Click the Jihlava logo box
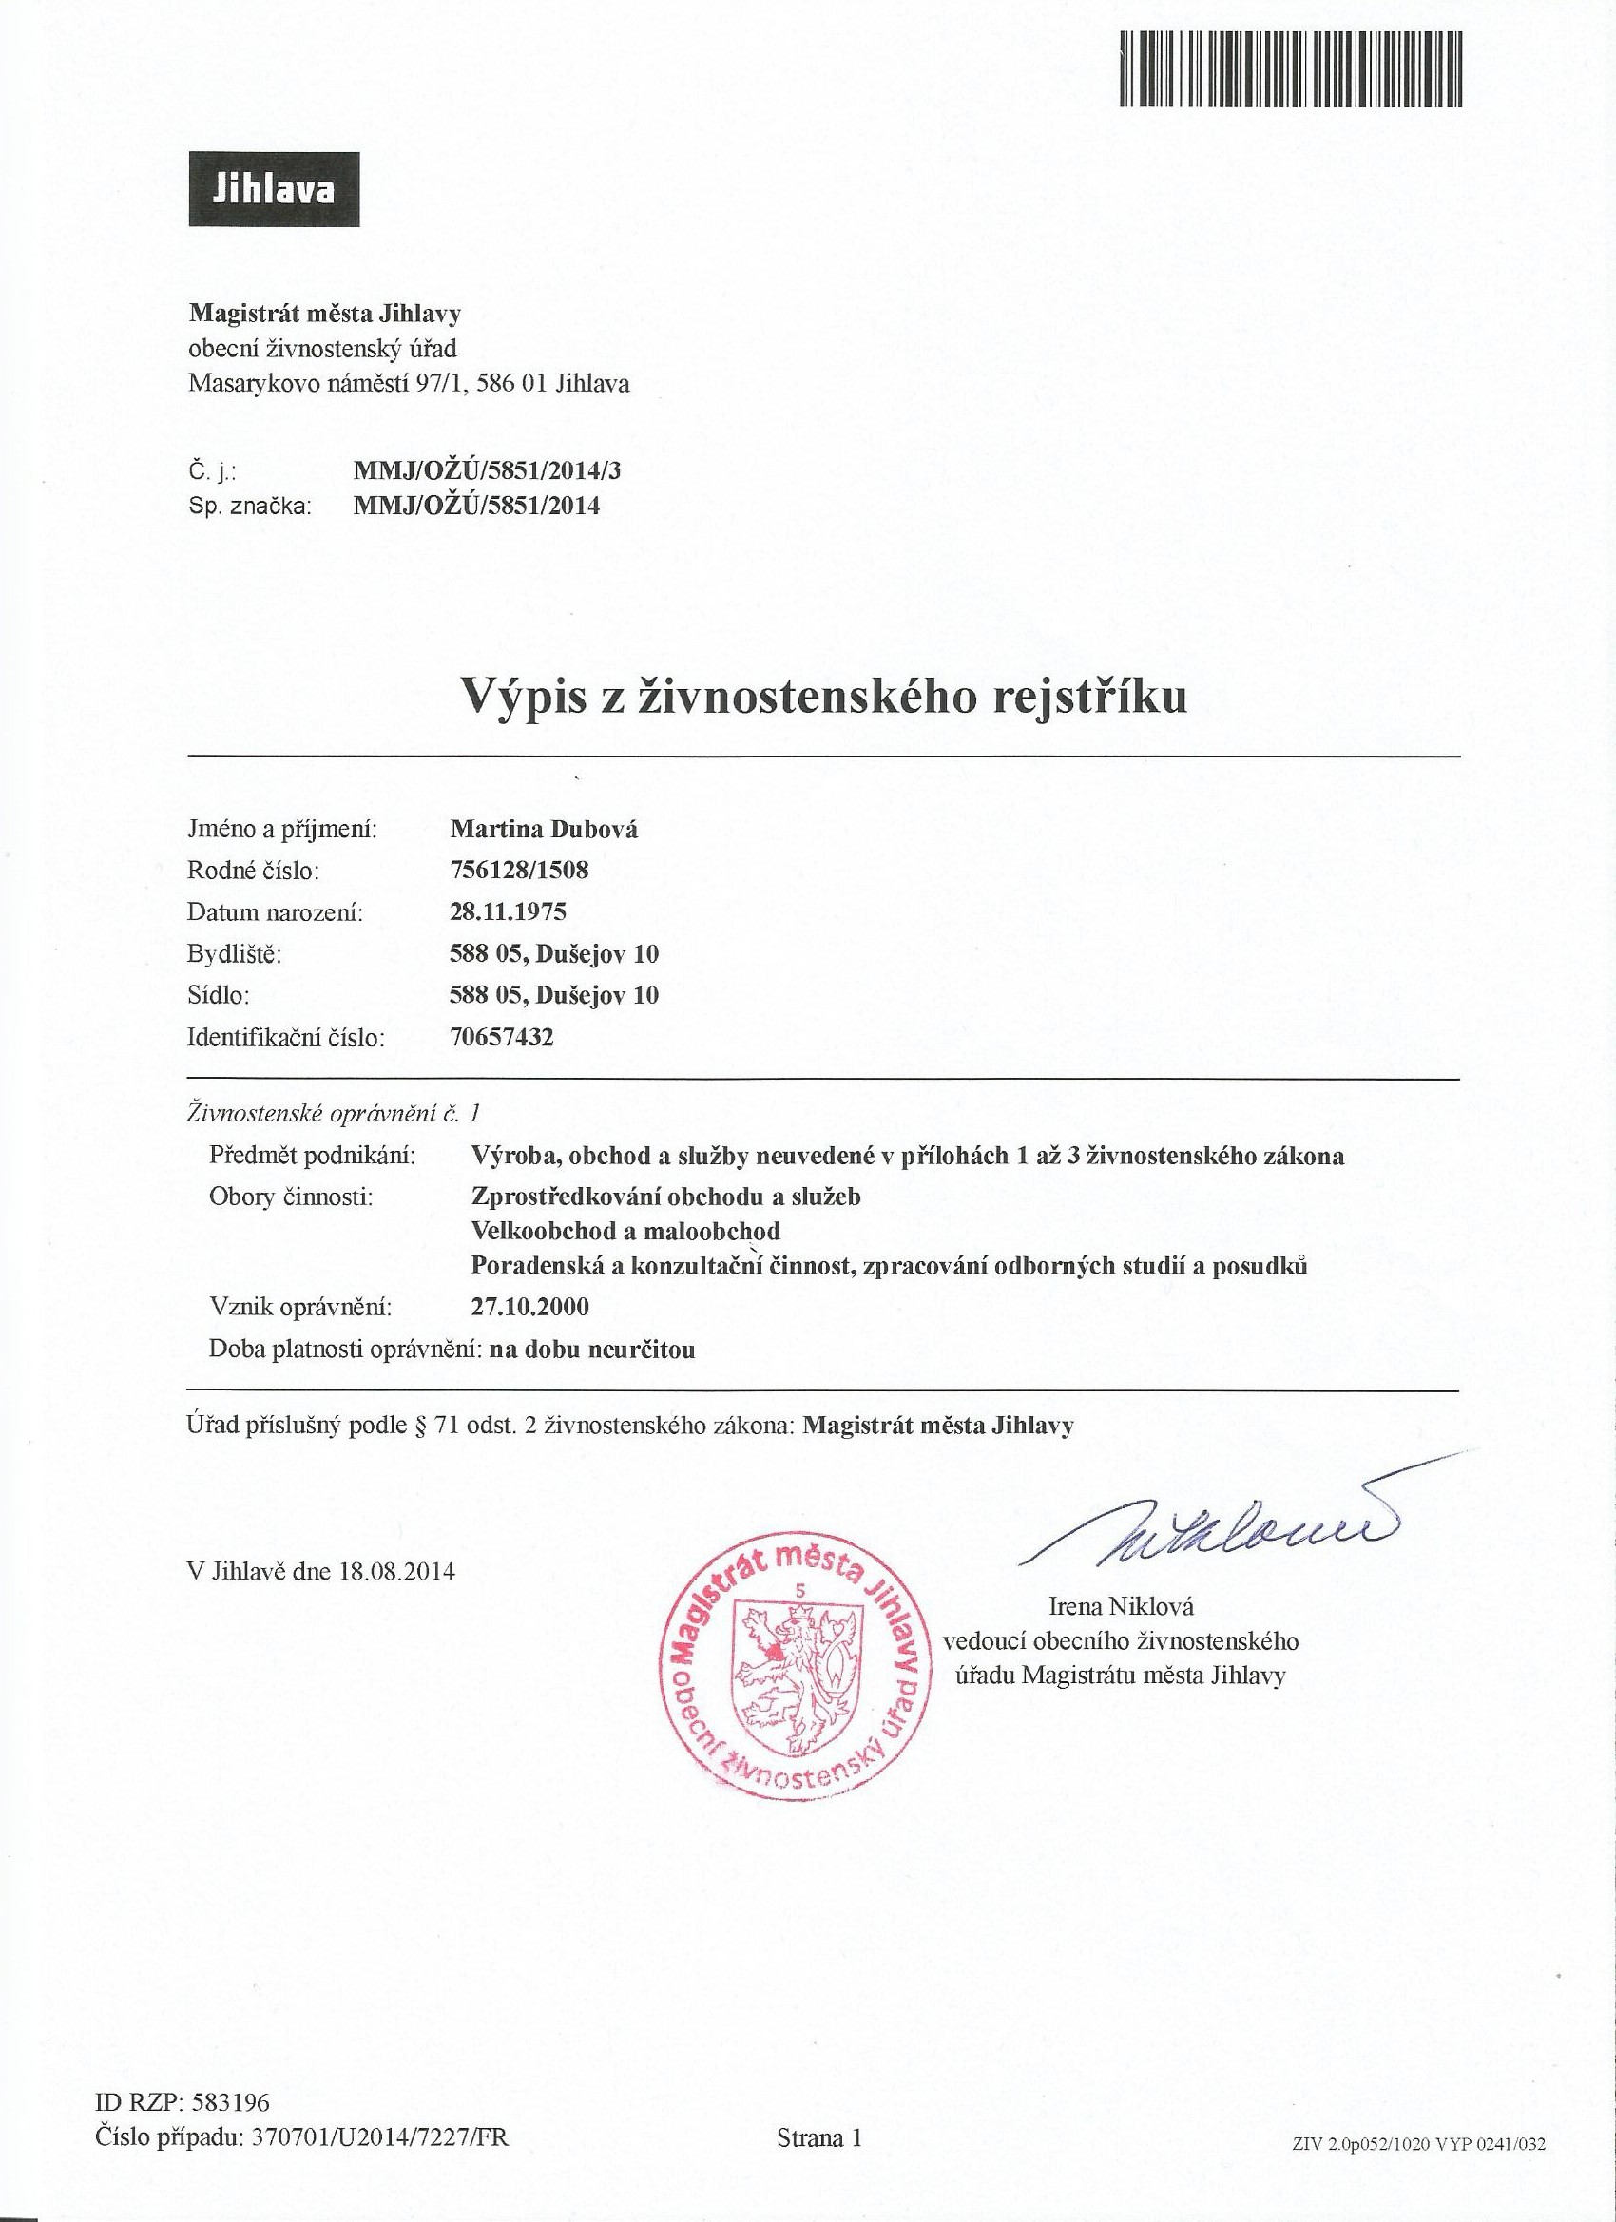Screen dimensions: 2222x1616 point(275,189)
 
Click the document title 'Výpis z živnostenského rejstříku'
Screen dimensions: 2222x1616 point(824,697)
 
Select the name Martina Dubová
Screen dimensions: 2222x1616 point(543,829)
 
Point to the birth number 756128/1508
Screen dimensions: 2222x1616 point(519,870)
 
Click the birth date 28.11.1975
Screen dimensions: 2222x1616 point(508,912)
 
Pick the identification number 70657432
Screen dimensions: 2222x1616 point(502,1037)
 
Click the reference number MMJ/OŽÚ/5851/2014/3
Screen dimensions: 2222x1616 point(487,471)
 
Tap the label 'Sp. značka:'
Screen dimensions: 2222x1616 point(249,507)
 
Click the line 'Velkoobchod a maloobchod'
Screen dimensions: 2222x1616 point(626,1230)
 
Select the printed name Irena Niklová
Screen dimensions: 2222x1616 point(1121,1607)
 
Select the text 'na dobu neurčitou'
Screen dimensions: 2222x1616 point(592,1350)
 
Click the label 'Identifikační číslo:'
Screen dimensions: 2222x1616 point(285,1037)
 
